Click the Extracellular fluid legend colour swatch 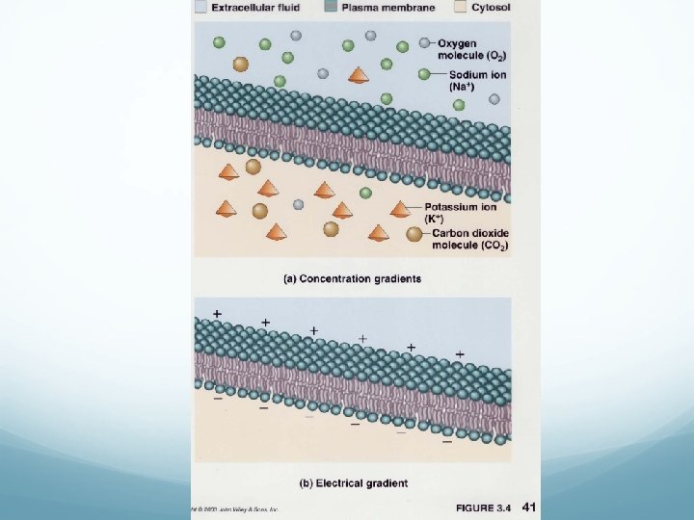point(201,7)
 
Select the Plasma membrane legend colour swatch point(332,7)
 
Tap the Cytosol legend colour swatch point(461,7)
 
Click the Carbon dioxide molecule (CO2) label point(470,239)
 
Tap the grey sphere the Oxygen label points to point(424,43)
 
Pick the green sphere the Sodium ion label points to point(424,74)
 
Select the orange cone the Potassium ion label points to point(399,208)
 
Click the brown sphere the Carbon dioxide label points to point(414,233)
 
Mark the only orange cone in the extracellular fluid point(358,74)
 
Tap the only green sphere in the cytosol point(365,193)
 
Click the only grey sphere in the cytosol point(299,204)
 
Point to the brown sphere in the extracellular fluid point(241,64)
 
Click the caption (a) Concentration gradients point(351,279)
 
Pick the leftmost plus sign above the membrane point(218,314)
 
